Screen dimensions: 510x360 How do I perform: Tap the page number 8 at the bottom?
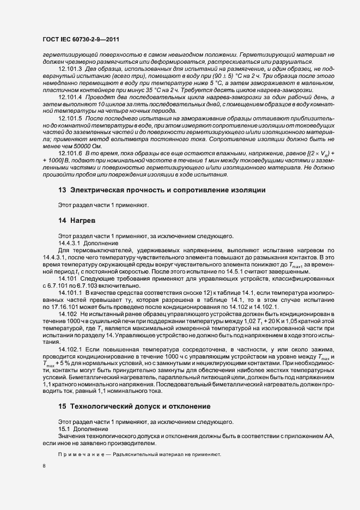coord(44,467)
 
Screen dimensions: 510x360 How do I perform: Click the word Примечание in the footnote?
coord(82,454)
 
